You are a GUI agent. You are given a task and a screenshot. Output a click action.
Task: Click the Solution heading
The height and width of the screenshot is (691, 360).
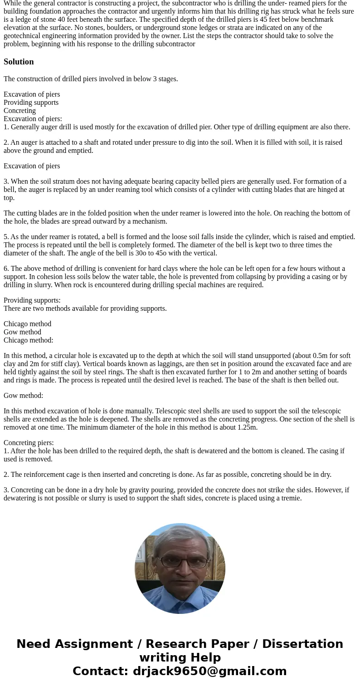[x=19, y=62]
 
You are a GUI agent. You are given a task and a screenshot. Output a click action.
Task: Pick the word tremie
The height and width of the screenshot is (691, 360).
[x=291, y=498]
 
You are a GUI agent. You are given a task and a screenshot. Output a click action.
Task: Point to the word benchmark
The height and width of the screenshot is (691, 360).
[x=317, y=20]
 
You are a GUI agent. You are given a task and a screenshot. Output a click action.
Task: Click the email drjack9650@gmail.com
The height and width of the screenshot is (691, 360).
[x=209, y=671]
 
